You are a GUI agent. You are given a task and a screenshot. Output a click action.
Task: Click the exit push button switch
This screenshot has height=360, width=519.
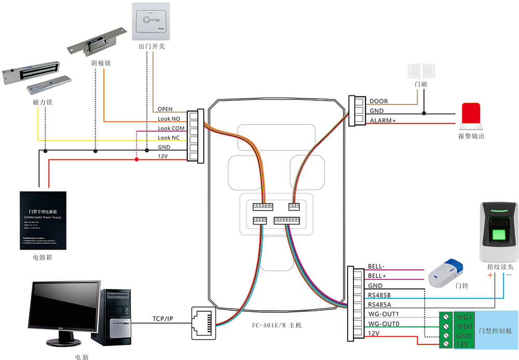click(151, 21)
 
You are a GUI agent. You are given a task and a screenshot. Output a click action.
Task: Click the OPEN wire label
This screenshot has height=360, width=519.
click(165, 109)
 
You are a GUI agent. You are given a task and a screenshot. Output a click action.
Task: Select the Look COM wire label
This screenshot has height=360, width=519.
click(171, 128)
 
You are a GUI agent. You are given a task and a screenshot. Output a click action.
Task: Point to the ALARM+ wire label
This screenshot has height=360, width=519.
click(383, 121)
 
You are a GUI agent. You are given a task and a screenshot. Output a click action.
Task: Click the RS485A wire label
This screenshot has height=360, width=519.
click(380, 304)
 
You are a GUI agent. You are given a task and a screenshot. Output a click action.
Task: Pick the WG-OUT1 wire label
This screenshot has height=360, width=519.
click(383, 314)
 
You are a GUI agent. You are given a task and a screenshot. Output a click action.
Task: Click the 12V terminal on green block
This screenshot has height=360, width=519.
click(463, 344)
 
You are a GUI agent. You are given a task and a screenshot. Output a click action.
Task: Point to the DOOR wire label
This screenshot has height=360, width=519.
click(378, 102)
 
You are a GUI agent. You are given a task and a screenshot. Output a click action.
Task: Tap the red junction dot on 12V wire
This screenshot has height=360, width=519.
click(136, 159)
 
